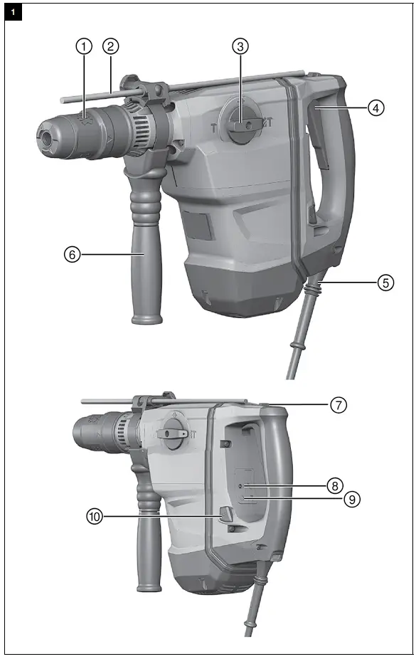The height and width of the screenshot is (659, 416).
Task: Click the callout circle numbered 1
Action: (x=85, y=46)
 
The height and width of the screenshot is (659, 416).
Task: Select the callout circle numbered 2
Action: (x=110, y=46)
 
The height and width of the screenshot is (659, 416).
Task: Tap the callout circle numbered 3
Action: (x=241, y=46)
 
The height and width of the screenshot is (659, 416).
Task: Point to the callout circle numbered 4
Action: (x=376, y=108)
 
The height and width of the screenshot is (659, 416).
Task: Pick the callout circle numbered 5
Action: (x=385, y=282)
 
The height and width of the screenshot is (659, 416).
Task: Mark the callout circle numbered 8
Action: (x=334, y=486)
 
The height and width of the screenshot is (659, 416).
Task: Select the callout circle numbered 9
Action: (x=350, y=499)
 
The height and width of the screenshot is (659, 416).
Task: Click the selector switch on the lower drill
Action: (x=174, y=432)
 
